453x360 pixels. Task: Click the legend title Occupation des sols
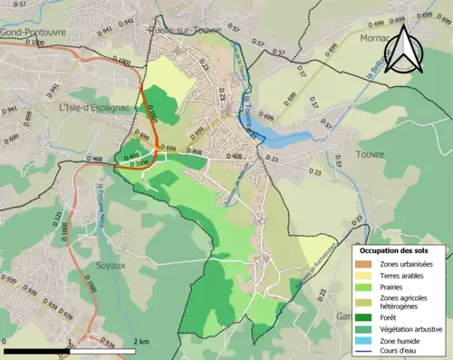(x=396, y=249)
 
